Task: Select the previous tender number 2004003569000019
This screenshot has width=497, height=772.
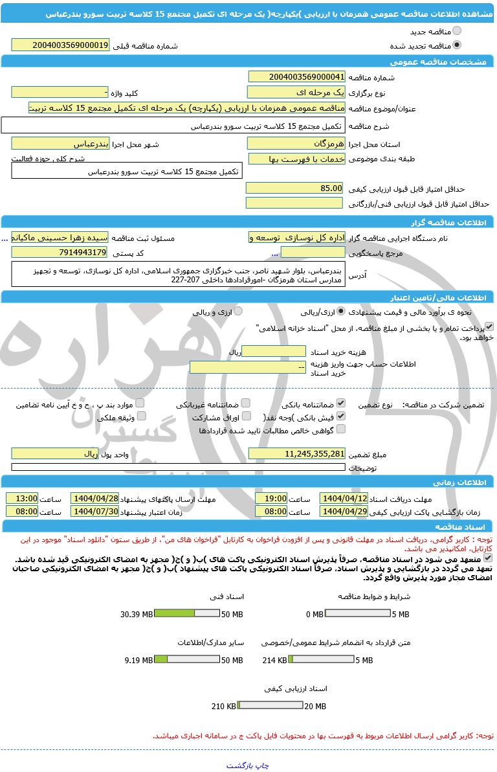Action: [x=61, y=45]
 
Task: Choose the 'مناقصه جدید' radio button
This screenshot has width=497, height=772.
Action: [x=458, y=31]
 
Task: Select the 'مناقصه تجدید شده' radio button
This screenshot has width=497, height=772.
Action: [x=458, y=45]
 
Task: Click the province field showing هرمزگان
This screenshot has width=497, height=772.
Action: [x=297, y=143]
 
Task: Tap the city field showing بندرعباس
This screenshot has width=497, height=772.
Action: [x=61, y=143]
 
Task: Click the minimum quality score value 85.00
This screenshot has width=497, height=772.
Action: [x=295, y=188]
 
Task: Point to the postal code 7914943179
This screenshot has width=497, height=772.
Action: [x=61, y=252]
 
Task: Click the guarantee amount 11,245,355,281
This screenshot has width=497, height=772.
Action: [x=297, y=454]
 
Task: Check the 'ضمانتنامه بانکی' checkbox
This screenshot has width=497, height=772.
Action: [x=341, y=403]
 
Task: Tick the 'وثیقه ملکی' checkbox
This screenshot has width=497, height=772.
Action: [x=141, y=416]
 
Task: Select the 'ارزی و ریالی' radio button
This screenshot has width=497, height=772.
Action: [x=238, y=312]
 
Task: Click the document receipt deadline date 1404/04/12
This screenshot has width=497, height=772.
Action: [x=344, y=499]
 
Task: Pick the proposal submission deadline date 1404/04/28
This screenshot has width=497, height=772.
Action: [x=95, y=499]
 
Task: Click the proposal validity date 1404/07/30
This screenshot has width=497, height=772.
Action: [x=95, y=511]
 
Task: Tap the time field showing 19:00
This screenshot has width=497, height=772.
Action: [x=271, y=499]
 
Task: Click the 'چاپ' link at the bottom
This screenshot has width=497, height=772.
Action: [x=262, y=766]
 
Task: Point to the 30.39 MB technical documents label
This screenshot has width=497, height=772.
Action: [x=136, y=614]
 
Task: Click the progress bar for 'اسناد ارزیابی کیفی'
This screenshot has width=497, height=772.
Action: [x=270, y=705]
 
